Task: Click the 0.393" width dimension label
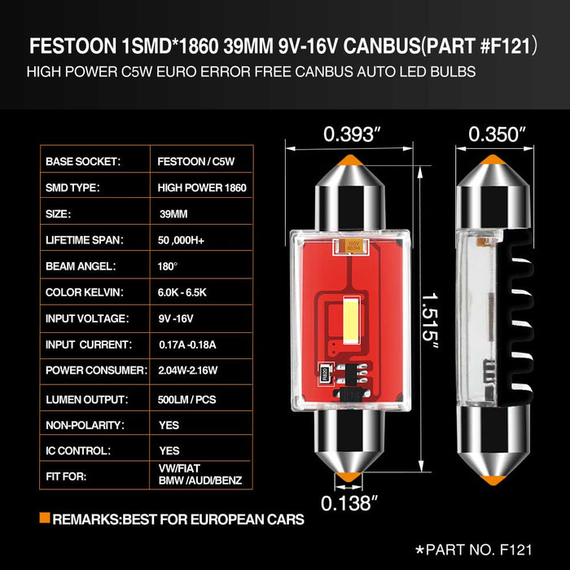click(x=353, y=133)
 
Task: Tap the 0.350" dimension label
click(x=498, y=133)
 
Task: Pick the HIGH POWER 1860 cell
click(x=202, y=187)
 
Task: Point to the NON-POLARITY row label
click(x=85, y=425)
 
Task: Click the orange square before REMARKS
click(x=44, y=519)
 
